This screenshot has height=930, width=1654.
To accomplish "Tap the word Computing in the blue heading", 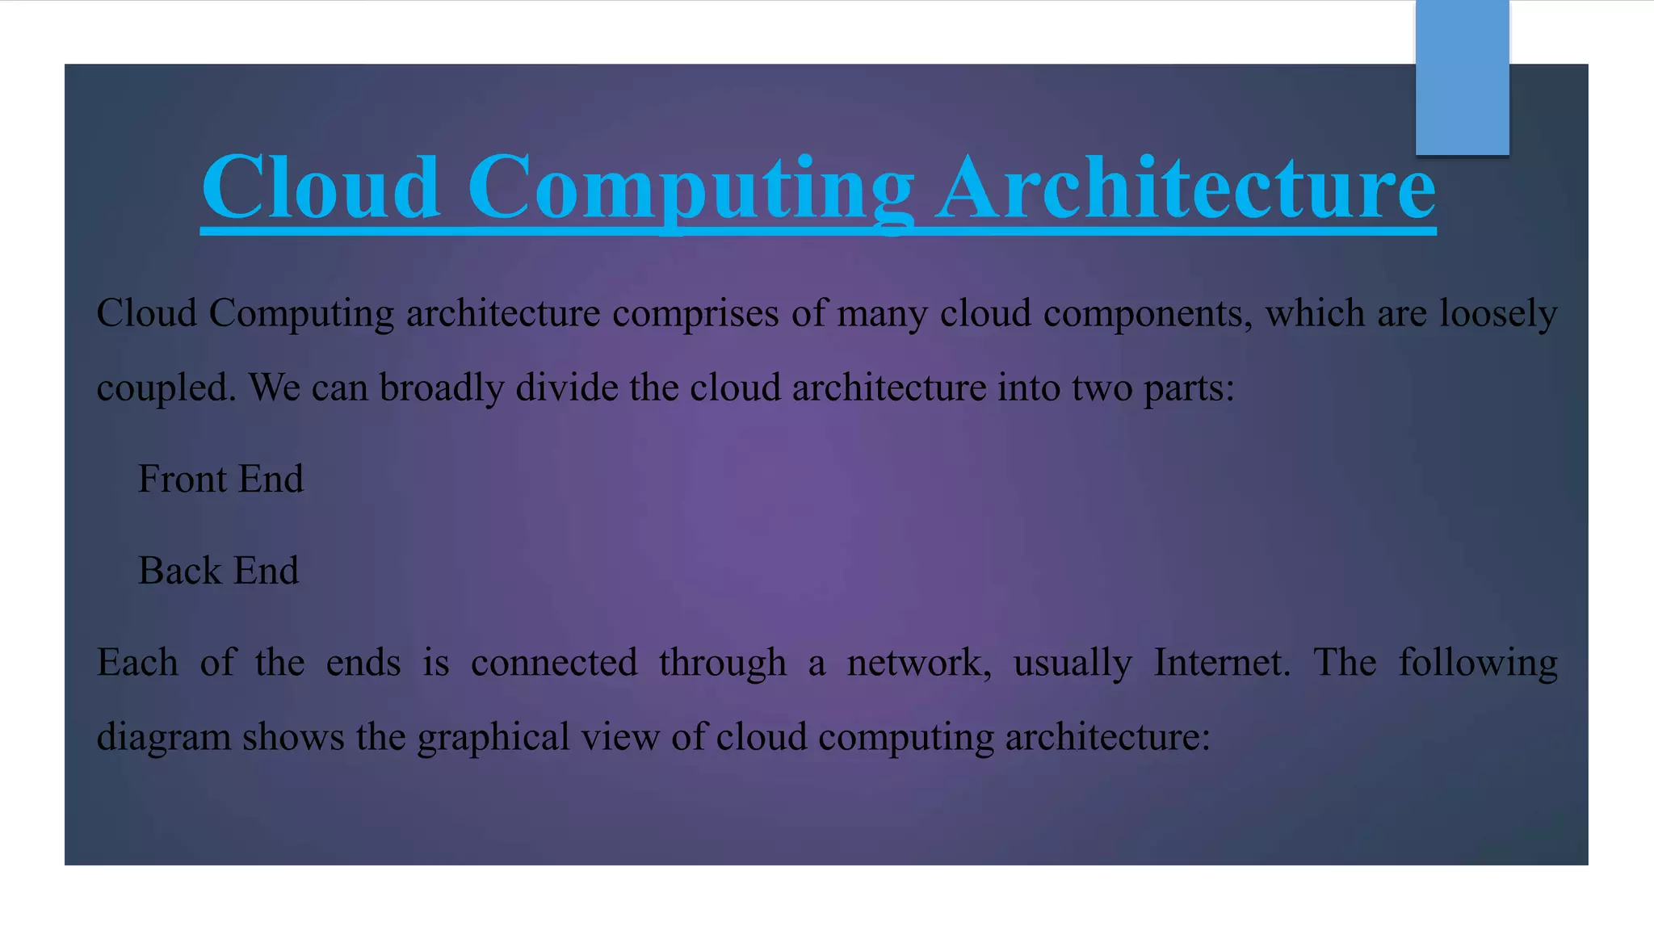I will click(x=691, y=189).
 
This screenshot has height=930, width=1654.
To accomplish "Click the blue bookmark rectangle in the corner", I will click(x=1462, y=77).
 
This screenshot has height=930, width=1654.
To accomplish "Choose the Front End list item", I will click(x=220, y=479).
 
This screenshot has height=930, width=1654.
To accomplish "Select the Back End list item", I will click(x=218, y=571).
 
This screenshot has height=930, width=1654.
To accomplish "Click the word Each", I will click(x=137, y=663).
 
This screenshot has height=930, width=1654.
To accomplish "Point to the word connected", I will click(x=554, y=663).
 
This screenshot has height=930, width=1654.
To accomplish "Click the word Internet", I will click(x=1221, y=663).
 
